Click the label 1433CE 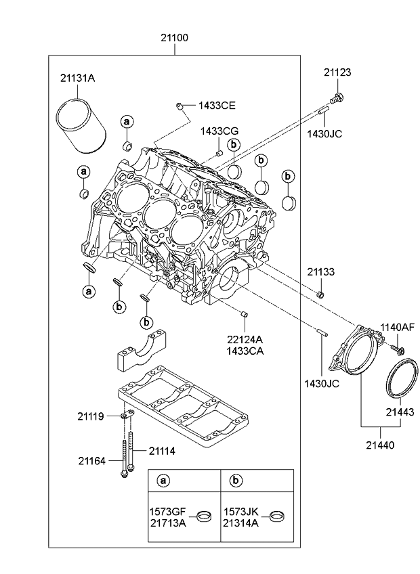[217, 106]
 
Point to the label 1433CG [219, 131]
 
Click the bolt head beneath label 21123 [339, 98]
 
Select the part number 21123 [337, 72]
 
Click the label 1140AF [396, 326]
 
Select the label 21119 [91, 416]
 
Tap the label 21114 [163, 451]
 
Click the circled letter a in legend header [163, 481]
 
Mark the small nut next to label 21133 [321, 294]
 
